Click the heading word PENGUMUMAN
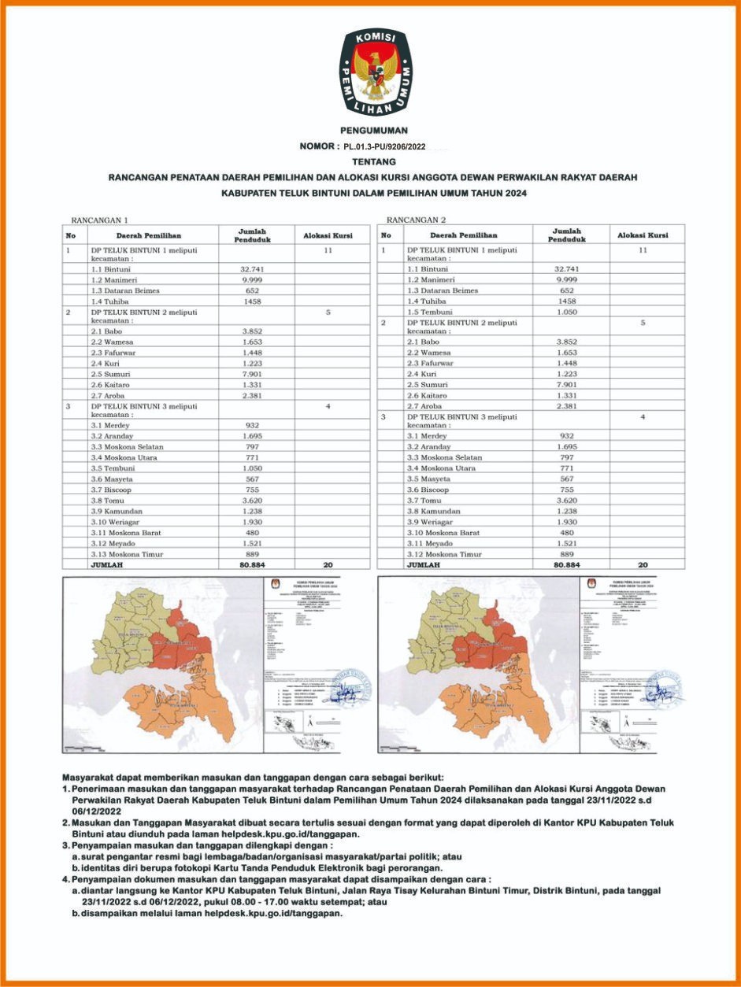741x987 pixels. [x=374, y=131]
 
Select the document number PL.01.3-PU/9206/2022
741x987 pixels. [x=385, y=146]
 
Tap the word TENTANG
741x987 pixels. [x=374, y=161]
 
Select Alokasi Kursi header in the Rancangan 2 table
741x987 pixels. [x=643, y=235]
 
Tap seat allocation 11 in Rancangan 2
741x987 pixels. [x=643, y=250]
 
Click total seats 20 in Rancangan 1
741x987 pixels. [x=328, y=564]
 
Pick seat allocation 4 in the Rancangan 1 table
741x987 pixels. [x=328, y=406]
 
